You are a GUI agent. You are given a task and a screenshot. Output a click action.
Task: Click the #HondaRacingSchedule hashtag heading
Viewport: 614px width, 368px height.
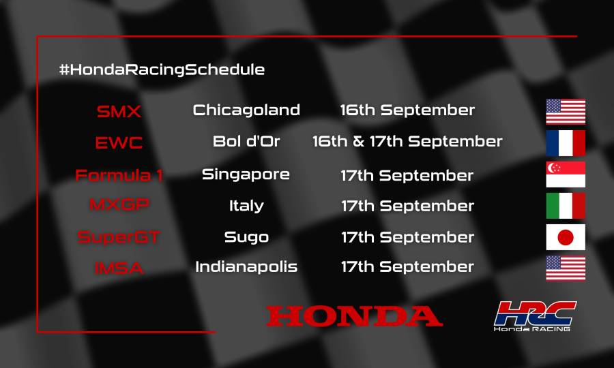(162, 70)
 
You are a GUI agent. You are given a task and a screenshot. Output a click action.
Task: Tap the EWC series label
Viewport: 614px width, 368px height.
(119, 143)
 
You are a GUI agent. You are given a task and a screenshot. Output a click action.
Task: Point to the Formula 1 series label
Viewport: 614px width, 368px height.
(119, 175)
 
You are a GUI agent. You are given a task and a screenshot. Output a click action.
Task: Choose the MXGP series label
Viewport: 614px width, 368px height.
(119, 205)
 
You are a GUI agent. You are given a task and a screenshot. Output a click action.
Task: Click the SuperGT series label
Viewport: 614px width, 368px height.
(119, 237)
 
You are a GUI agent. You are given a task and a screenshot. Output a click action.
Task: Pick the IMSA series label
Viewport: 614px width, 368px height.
(119, 268)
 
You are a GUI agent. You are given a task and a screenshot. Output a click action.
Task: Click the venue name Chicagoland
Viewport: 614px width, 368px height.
(246, 110)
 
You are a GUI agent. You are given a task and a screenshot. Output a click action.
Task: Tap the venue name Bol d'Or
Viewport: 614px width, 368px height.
(246, 142)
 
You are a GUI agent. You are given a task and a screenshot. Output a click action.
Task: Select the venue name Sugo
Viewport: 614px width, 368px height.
(246, 237)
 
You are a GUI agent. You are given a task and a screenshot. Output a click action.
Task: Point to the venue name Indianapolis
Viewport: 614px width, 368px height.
(246, 266)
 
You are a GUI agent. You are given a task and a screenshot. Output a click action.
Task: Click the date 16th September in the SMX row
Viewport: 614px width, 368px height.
(407, 110)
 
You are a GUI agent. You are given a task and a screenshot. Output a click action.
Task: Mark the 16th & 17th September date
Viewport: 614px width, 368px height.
(407, 142)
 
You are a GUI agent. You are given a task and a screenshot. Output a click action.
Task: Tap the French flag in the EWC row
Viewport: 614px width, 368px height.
(566, 143)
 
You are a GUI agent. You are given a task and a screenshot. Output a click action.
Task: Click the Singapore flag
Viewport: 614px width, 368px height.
(566, 175)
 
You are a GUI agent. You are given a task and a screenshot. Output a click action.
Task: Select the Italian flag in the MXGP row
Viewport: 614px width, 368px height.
(566, 205)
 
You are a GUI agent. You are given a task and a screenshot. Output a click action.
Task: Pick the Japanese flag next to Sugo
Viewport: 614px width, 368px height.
(566, 237)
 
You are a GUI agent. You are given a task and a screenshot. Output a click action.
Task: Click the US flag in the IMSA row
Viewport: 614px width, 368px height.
(566, 268)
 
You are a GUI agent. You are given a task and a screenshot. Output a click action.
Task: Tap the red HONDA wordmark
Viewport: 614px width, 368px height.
(354, 316)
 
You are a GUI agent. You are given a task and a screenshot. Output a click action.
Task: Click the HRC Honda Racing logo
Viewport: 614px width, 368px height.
(535, 316)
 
